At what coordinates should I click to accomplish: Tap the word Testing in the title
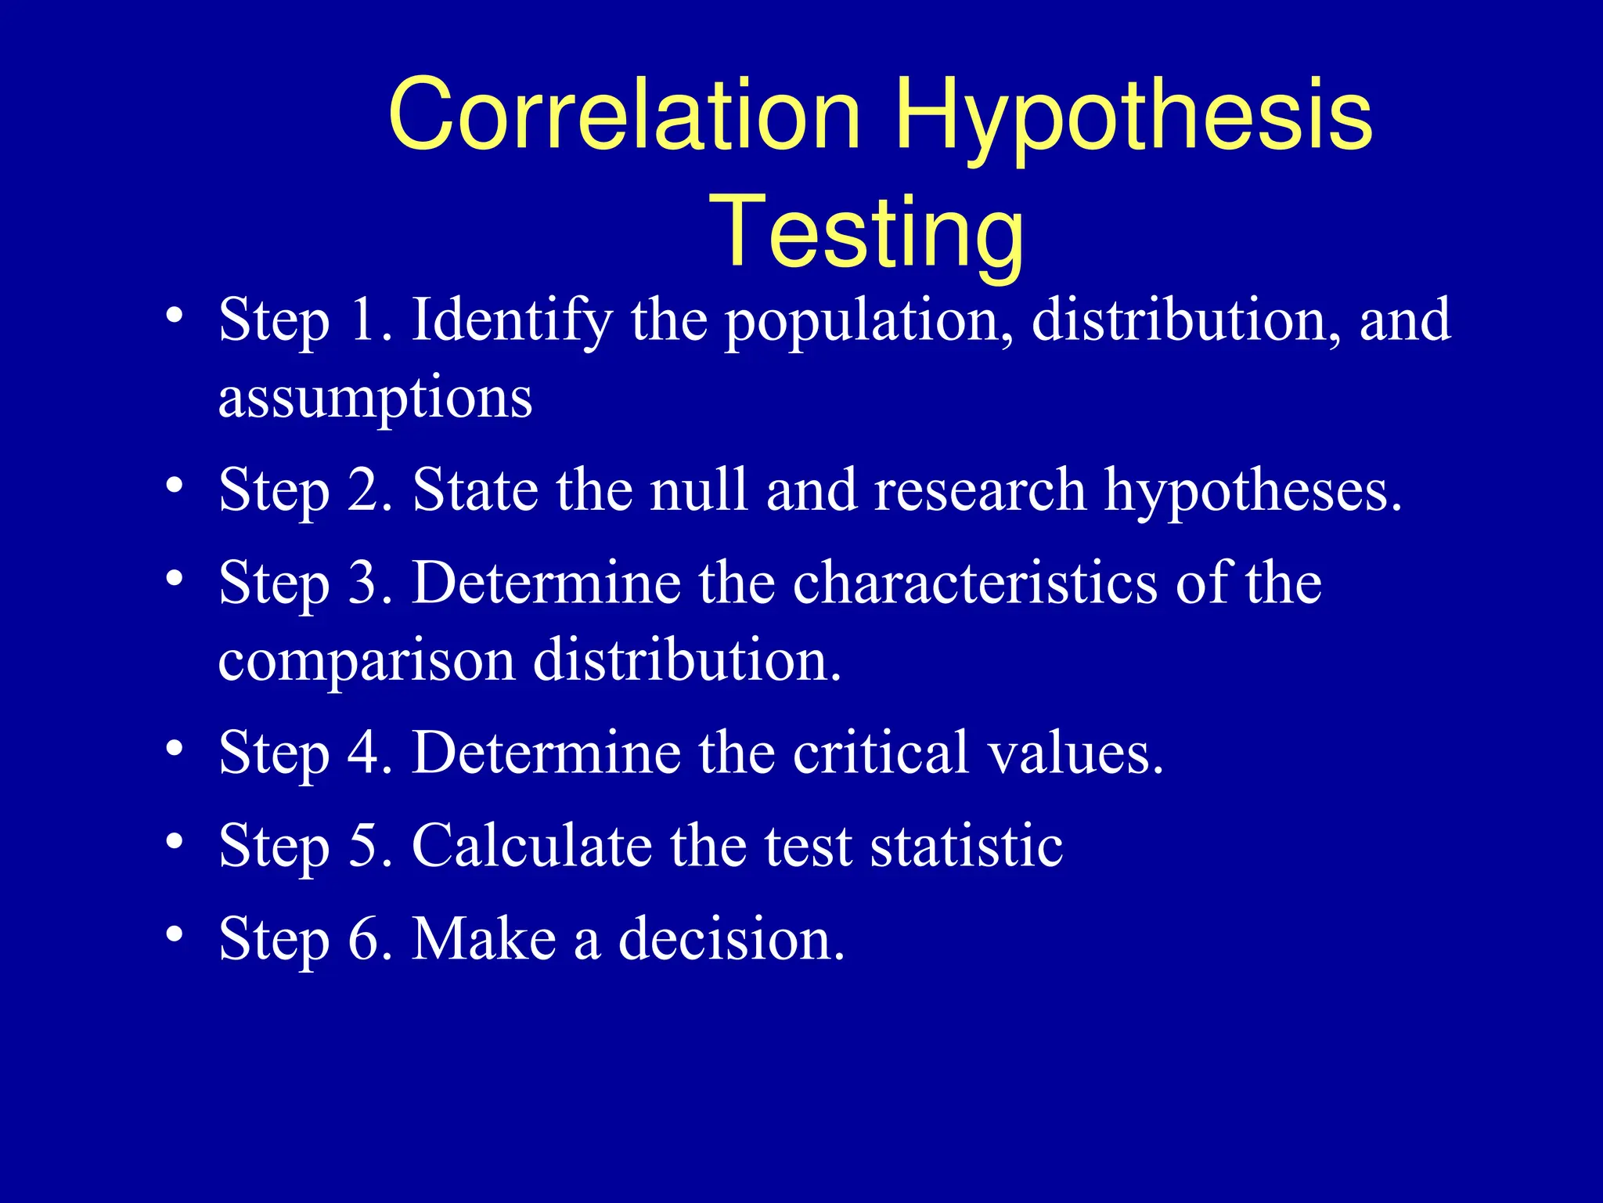click(x=866, y=233)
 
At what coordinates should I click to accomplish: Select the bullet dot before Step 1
click(x=175, y=316)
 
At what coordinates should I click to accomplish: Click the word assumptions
click(x=375, y=398)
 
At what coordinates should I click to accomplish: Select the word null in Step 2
click(x=699, y=490)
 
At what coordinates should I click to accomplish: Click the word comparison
click(x=366, y=660)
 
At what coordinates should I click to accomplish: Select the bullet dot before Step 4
click(x=175, y=748)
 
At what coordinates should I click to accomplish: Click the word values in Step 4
click(x=1075, y=752)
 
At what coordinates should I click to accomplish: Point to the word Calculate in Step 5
click(x=531, y=845)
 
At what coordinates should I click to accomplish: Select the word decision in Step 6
click(x=730, y=938)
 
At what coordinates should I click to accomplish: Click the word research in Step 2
click(x=980, y=490)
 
